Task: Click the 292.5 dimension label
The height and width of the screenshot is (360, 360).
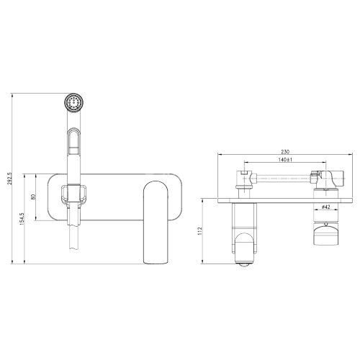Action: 10,179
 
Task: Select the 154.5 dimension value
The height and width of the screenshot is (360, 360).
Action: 22,218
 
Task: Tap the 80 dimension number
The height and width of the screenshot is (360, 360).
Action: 33,197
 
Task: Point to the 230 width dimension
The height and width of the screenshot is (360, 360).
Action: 285,152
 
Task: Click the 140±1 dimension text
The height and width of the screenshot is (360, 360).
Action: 286,160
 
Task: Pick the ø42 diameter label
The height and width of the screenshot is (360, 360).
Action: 325,207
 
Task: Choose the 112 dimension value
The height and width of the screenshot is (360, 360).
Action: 200,231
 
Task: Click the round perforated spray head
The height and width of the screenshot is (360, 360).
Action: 74,103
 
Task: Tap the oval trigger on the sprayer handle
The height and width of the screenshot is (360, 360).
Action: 74,140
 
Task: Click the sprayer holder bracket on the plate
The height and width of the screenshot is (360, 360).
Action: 74,194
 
